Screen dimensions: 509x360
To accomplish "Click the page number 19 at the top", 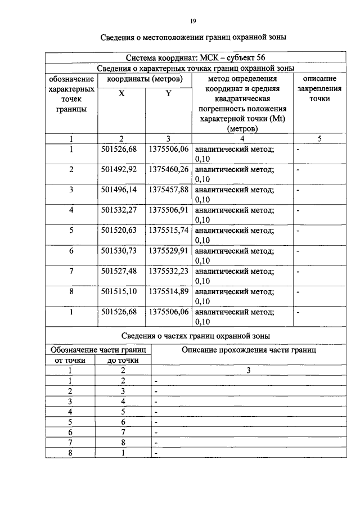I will click(193, 21).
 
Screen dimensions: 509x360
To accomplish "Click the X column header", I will click(121, 94).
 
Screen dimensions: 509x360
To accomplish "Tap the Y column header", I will click(168, 94).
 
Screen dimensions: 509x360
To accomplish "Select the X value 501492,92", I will click(121, 169).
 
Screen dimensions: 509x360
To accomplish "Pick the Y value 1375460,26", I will click(169, 169).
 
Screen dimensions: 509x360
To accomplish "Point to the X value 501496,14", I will click(121, 190).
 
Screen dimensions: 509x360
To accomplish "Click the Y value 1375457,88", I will click(169, 190).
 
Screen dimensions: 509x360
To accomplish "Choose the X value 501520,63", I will click(121, 230).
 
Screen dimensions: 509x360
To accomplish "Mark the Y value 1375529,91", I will click(169, 251).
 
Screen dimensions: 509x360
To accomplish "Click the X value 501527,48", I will click(121, 271).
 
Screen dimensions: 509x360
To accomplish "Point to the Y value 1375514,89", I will click(169, 291).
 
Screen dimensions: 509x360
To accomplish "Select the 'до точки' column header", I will click(123, 360).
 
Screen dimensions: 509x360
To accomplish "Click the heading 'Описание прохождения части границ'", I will click(249, 350).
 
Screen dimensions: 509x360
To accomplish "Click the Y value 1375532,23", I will click(169, 271).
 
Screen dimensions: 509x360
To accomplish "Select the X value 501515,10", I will click(121, 291).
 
